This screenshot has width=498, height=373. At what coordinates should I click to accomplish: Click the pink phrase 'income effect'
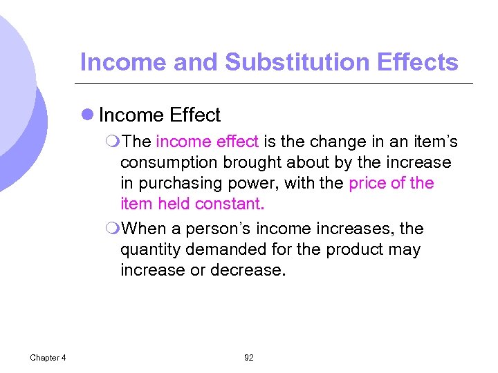207,142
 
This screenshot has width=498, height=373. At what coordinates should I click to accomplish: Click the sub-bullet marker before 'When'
113,229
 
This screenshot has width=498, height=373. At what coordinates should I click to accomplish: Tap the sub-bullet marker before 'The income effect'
113,142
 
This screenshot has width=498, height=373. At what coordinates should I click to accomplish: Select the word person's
216,229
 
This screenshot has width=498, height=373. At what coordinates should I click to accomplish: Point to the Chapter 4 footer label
48,358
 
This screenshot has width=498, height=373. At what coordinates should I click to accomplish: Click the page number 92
249,358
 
